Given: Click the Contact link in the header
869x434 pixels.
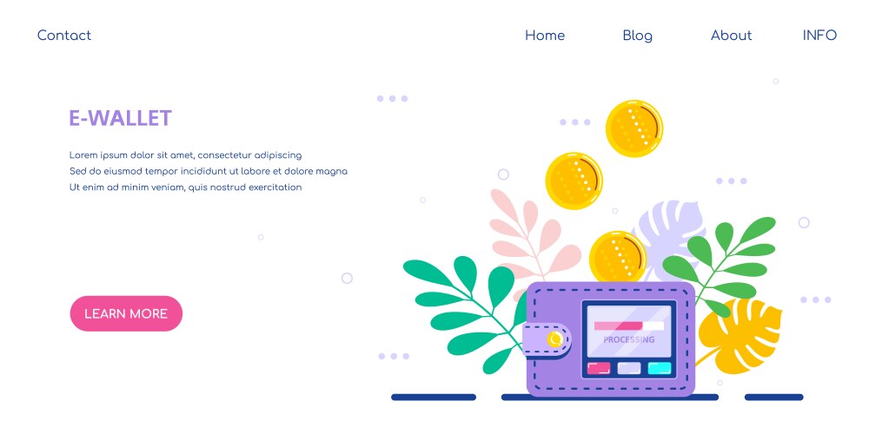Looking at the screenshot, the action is (x=63, y=36).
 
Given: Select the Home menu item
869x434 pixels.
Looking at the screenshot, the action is (x=545, y=36).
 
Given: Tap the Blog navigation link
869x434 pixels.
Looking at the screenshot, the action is (x=637, y=36).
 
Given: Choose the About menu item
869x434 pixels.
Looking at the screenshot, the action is (x=731, y=36).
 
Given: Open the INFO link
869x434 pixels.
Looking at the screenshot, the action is (x=819, y=36).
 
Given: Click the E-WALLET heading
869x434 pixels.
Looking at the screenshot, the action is (x=120, y=118).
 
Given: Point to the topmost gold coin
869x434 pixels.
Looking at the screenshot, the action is (x=634, y=128).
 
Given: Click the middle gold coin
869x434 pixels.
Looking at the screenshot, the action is (x=574, y=181).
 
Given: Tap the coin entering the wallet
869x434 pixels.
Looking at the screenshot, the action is (x=618, y=256).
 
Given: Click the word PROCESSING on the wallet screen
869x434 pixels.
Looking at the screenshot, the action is (x=628, y=339).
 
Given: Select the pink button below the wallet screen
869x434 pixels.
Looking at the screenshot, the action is (x=599, y=368).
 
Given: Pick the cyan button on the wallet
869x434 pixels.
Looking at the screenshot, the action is (x=660, y=368).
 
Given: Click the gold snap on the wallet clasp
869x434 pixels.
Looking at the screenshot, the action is (x=554, y=339).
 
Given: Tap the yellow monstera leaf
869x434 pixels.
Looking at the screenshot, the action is (x=740, y=335).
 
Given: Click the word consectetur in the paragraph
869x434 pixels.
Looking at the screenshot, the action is (x=224, y=155).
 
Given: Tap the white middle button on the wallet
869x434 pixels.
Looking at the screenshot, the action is (x=629, y=368).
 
